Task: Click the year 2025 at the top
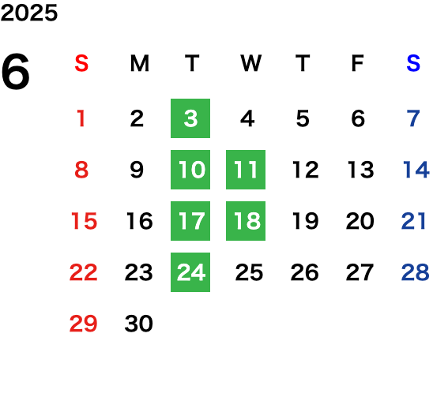pos(29,13)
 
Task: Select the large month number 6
pos(16,71)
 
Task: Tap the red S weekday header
pos(81,63)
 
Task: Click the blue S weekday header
pos(413,63)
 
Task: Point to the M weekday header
pos(140,63)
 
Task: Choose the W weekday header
pos(250,63)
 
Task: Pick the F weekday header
pos(358,63)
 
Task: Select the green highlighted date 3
pos(190,118)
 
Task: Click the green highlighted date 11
pos(246,170)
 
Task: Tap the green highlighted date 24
pos(190,272)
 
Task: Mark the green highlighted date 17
pos(190,221)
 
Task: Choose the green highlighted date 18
pos(246,221)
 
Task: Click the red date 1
pos(81,118)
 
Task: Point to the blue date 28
pos(416,272)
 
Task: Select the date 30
pos(138,324)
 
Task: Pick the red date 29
pos(84,324)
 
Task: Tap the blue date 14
pos(416,170)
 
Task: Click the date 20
pos(360,221)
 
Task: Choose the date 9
pos(137,170)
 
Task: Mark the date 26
pos(304,272)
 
